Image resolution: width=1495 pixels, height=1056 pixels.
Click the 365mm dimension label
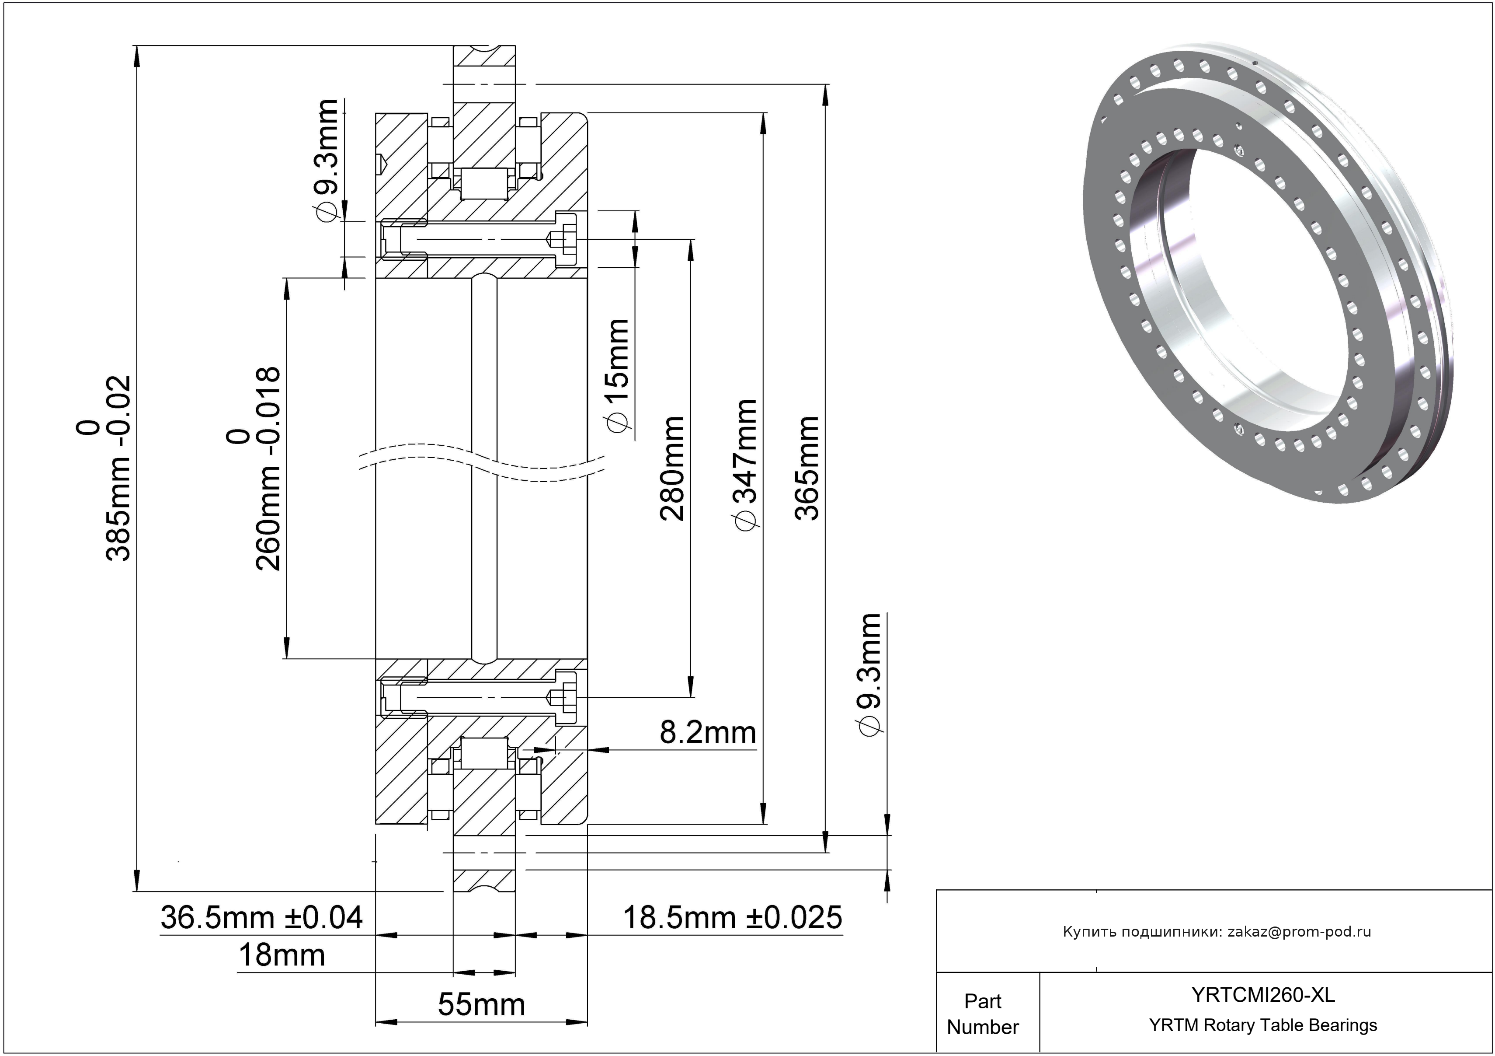point(807,468)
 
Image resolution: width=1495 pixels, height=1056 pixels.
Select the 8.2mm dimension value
point(708,732)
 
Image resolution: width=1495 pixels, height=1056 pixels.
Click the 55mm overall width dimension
point(481,1004)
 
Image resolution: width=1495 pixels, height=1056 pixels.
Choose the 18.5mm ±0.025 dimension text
point(733,917)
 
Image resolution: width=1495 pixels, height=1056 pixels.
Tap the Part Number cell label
point(983,1014)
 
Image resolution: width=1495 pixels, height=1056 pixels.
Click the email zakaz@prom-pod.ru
point(1299,932)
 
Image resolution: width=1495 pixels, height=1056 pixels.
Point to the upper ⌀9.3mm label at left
point(326,160)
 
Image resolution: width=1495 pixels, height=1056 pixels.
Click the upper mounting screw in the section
point(479,239)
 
